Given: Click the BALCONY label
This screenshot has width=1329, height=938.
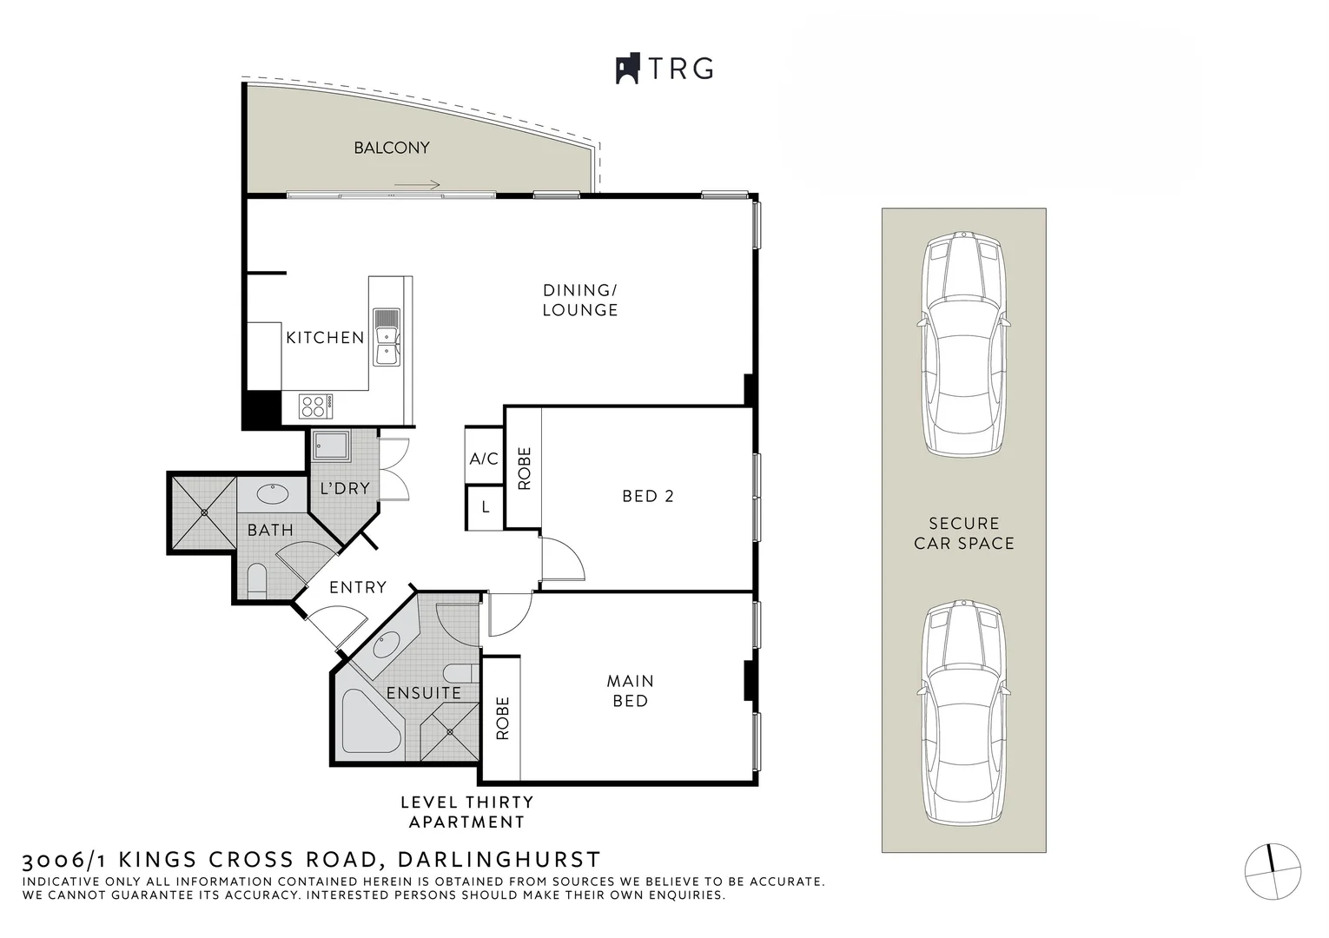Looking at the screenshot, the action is coord(392,148).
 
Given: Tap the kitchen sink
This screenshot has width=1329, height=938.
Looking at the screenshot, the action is coord(387,337).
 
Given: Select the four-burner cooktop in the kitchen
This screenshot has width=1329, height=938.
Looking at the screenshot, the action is coord(315,406).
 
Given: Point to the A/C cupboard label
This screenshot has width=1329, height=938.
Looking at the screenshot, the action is coord(484,459).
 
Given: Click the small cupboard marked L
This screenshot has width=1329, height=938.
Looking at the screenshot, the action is coord(485,507).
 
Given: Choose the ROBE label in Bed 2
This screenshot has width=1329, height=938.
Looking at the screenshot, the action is coord(525,469).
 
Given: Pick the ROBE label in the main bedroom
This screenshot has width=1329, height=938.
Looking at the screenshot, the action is coord(503,718).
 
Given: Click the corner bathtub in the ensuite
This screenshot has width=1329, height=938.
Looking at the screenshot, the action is coord(369,721).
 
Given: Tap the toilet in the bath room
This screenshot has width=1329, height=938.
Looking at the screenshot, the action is coord(257,581).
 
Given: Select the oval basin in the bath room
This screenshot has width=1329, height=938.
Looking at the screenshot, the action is coord(273,493).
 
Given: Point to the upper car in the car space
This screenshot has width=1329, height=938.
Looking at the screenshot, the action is coord(963,345).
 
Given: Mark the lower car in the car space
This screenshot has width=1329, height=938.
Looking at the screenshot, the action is coord(963,712).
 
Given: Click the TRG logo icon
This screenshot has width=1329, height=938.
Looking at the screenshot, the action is coord(628,69).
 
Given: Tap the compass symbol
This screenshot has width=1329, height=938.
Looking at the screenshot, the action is coord(1273,871).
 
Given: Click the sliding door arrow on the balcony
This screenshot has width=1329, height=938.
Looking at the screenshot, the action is coord(417,184).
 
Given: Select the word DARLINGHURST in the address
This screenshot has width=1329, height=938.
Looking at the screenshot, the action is coord(499,859).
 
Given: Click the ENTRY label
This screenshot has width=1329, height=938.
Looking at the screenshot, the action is coord(358,587).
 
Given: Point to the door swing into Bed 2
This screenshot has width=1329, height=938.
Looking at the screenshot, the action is coord(563,558).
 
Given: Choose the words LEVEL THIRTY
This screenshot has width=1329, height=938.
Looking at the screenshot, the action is coord(467,803).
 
